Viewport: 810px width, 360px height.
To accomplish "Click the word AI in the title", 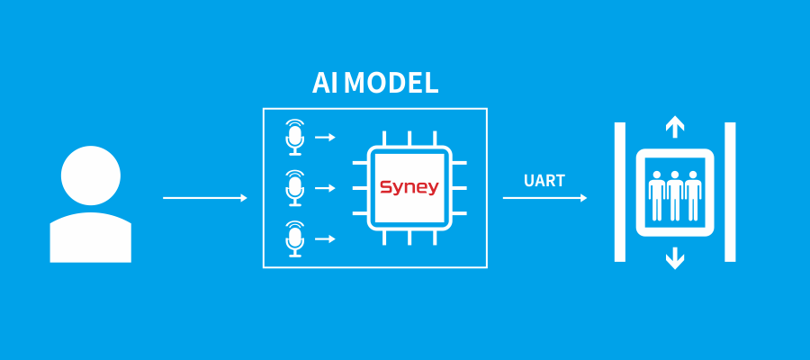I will (x=324, y=83).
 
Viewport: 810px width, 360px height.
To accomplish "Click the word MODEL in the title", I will (x=391, y=83).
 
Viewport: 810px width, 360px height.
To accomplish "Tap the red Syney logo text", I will (x=409, y=187).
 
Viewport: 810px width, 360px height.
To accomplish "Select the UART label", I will (x=544, y=181).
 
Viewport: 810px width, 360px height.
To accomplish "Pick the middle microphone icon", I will (x=294, y=187).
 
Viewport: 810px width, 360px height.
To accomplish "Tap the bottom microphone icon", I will (x=294, y=238).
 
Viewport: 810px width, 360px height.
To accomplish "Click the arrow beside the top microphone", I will (x=325, y=138).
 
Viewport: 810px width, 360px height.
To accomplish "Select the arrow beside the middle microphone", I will (x=325, y=188).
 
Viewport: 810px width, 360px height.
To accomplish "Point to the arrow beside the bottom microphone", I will (x=325, y=238).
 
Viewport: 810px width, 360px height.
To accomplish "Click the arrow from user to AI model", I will (x=204, y=198).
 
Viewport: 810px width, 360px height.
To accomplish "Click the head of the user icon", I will (x=90, y=175).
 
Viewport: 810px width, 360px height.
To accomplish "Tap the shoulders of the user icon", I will (x=90, y=238).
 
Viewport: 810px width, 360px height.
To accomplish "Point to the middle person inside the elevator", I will (x=674, y=193).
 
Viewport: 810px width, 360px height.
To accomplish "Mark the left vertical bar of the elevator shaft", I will (x=619, y=192).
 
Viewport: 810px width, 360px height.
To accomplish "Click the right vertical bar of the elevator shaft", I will (x=730, y=192).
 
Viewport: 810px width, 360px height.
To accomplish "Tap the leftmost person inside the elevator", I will (x=656, y=193).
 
